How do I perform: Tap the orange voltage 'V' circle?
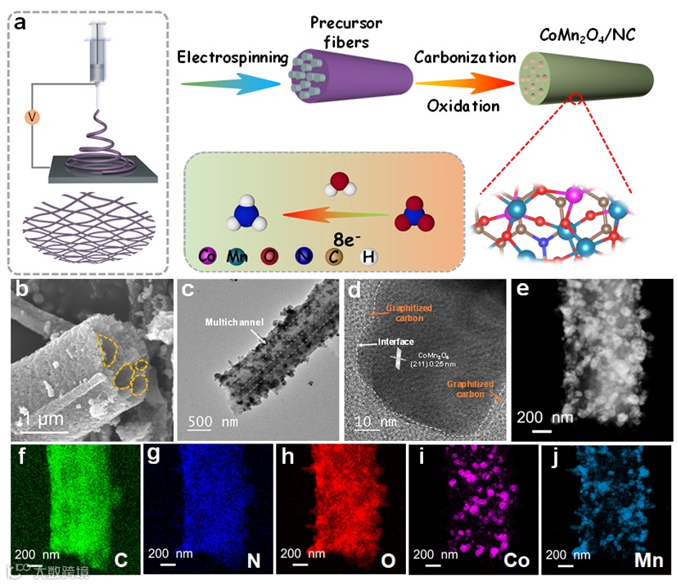pyautogui.click(x=33, y=116)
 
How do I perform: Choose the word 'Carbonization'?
pyautogui.click(x=465, y=57)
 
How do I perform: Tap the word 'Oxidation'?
pyautogui.click(x=463, y=106)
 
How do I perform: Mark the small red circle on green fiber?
pyautogui.click(x=577, y=99)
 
